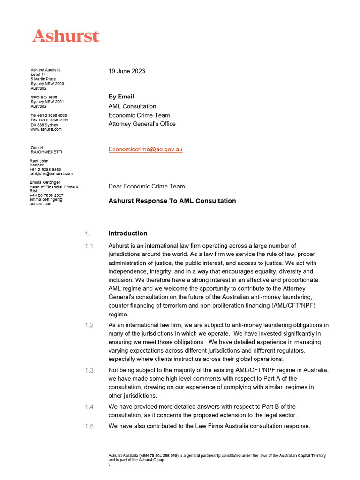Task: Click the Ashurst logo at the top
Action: tap(66, 36)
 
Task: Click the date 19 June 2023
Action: tap(127, 71)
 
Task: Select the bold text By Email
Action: tap(121, 97)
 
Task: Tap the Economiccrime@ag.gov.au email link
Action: tap(145, 150)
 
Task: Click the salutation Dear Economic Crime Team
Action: tap(146, 186)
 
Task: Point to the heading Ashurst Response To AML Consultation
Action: tap(172, 201)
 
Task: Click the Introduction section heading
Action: tap(127, 233)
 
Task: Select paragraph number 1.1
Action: tap(89, 246)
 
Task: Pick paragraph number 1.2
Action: tap(89, 325)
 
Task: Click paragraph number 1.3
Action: tap(89, 370)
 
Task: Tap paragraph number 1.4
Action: tap(89, 407)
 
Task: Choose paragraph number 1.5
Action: tap(89, 426)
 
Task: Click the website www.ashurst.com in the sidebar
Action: tap(46, 129)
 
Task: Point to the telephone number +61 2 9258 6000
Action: tap(49, 115)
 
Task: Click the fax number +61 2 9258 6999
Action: tap(49, 120)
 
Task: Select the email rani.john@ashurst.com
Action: tap(51, 173)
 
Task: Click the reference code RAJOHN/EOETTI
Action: tap(46, 152)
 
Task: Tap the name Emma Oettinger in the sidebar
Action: tap(45, 182)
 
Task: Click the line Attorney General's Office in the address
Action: tap(142, 124)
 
